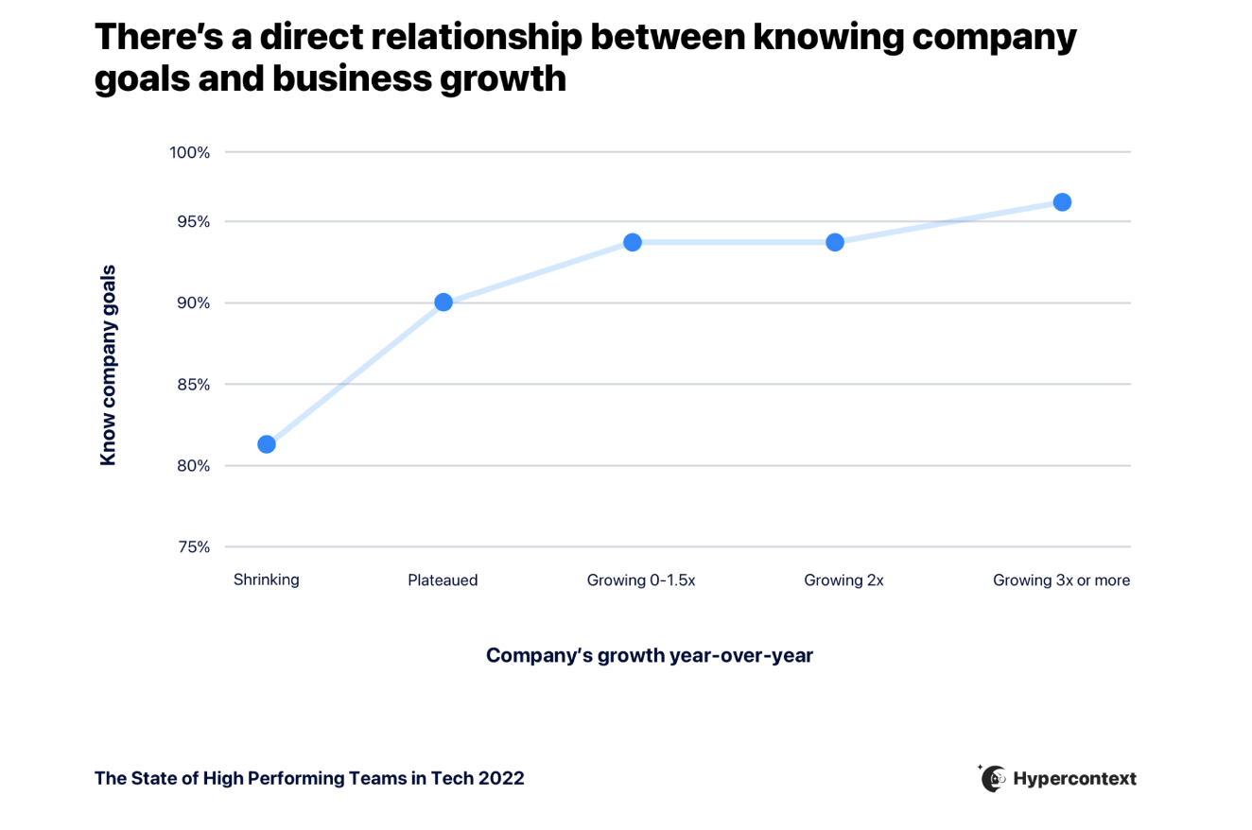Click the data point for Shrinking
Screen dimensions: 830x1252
[x=267, y=444]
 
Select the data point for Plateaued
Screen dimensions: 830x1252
[x=443, y=303]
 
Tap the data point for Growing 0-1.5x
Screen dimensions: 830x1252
[x=633, y=242]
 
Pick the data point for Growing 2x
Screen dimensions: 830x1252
[x=835, y=242]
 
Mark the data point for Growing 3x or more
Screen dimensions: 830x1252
[x=1062, y=202]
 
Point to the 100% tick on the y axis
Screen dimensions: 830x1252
[x=190, y=152]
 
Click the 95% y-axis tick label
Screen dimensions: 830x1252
[x=192, y=222]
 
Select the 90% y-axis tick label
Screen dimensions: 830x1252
[x=192, y=303]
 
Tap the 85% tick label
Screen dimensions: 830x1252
[x=192, y=385]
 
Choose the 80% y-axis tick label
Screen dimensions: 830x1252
[x=192, y=466]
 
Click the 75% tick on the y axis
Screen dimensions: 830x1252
[x=192, y=547]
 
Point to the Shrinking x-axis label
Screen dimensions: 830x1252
[x=267, y=580]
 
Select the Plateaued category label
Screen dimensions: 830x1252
[x=443, y=580]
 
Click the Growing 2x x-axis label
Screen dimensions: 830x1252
[x=843, y=580]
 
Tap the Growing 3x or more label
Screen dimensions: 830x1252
[x=1061, y=580]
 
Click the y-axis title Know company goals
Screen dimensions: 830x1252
[x=109, y=365]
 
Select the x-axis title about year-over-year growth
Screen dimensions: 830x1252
[x=650, y=655]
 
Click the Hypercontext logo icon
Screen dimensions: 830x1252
[x=993, y=778]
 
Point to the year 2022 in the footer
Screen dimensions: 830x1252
[x=500, y=779]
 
